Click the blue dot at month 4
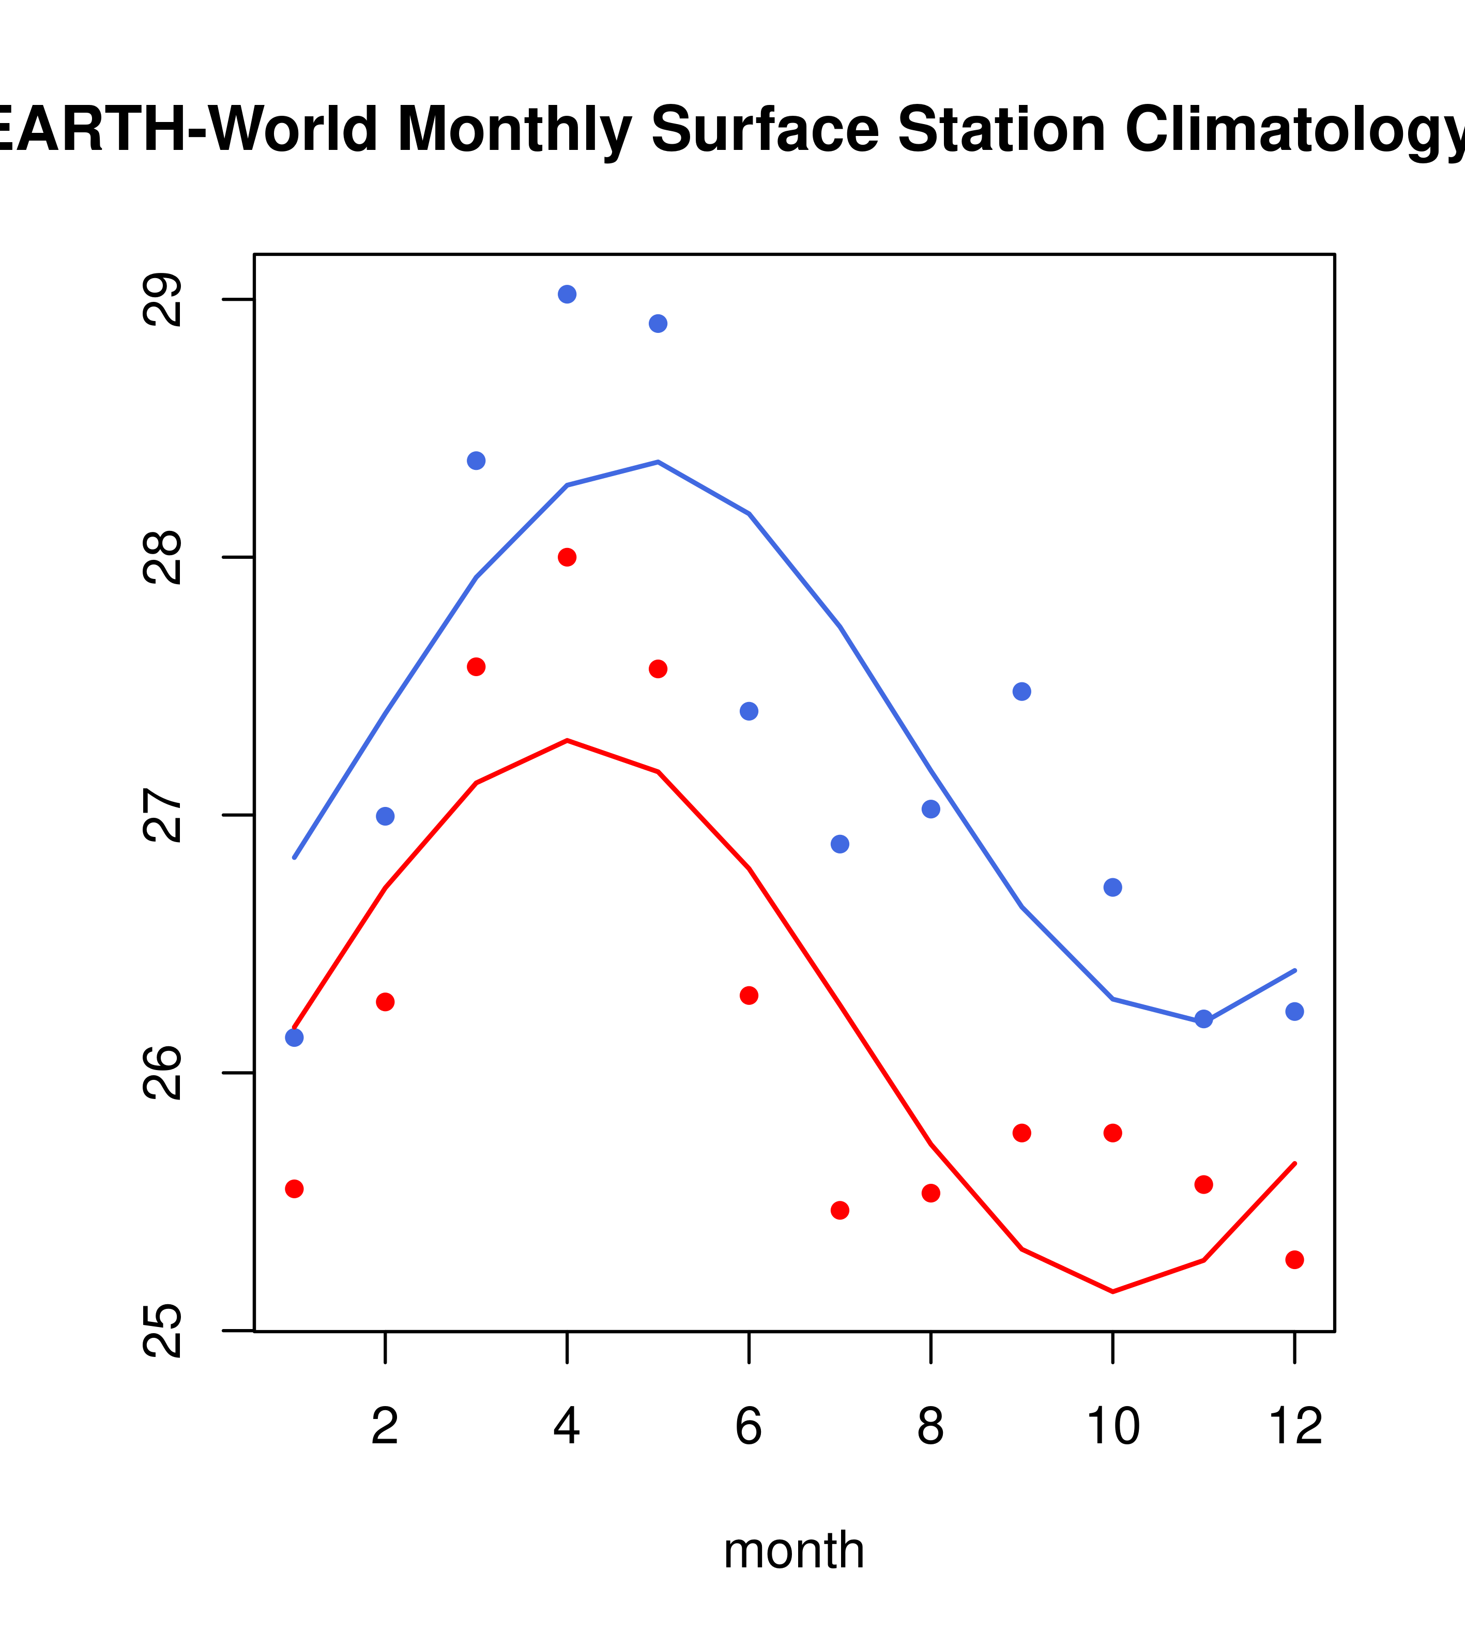567,294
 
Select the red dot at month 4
567,557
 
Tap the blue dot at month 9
1021,692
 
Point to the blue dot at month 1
294,1037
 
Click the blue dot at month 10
1112,888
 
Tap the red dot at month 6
749,996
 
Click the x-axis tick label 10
1112,1426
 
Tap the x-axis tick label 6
749,1426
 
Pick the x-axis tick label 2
386,1426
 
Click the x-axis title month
794,1550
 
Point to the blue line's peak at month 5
658,462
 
